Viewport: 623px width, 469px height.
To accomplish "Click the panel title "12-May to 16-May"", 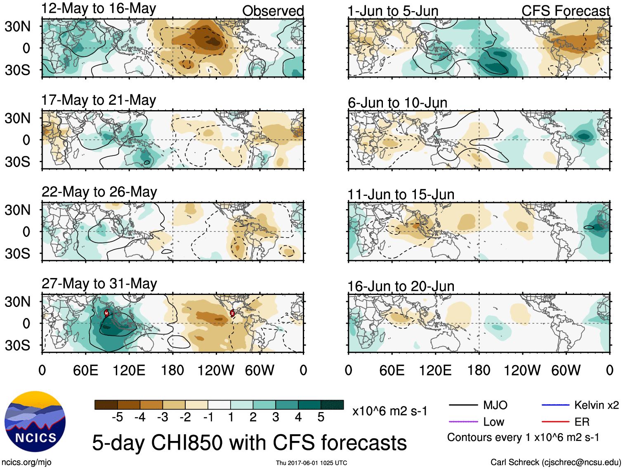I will [99, 9].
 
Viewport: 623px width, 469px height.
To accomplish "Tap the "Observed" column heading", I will [273, 11].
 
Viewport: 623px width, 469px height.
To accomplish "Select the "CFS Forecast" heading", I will [565, 11].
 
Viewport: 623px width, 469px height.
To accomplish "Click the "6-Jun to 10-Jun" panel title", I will [397, 103].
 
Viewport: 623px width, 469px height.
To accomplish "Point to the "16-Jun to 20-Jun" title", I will [401, 286].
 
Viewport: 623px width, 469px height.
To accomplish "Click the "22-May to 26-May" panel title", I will [99, 192].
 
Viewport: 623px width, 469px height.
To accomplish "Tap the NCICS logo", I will [35, 421].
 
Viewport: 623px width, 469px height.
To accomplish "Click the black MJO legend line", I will [463, 405].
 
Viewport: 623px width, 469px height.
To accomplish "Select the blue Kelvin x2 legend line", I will [555, 405].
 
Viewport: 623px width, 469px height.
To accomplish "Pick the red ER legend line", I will [555, 422].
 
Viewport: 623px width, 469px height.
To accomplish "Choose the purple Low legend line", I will [463, 422].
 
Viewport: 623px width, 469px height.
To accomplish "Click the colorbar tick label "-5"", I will [117, 417].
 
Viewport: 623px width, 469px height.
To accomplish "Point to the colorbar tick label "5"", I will [321, 417].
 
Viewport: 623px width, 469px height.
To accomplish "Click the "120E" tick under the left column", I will [129, 370].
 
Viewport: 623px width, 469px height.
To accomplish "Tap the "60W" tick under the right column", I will [566, 370].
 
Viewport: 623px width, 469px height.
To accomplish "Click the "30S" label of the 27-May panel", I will [17, 345].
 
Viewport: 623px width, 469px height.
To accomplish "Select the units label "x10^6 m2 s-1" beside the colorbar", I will [389, 411].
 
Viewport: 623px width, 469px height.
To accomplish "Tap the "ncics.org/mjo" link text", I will [26, 462].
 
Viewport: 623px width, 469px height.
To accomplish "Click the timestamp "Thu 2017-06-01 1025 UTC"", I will [311, 463].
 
